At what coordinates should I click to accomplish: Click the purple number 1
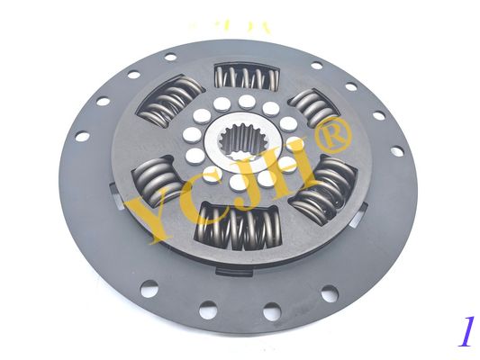(465, 332)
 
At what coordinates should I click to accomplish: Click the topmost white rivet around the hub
(245, 102)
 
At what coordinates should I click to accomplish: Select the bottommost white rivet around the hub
(236, 183)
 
